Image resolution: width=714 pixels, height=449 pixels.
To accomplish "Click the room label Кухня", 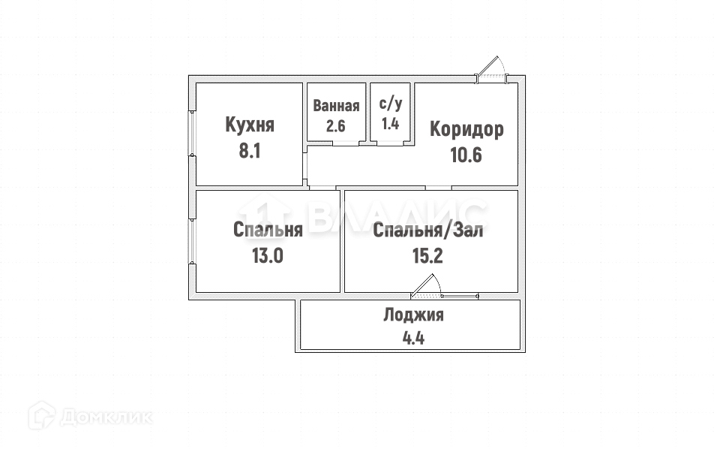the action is tap(250, 125).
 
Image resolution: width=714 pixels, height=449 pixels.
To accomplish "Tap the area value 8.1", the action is tap(250, 151).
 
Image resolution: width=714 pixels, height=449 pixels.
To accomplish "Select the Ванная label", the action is tap(336, 106).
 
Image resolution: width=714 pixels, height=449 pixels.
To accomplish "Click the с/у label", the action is tap(390, 105).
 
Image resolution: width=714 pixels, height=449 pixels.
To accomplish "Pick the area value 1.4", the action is tap(390, 124).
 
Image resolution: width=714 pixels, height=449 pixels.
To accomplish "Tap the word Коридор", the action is tap(466, 129).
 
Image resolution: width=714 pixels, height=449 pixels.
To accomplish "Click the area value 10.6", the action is tap(466, 155).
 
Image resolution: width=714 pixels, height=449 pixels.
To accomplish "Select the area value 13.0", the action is tap(267, 255).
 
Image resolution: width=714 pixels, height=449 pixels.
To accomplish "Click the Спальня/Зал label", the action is tap(428, 231).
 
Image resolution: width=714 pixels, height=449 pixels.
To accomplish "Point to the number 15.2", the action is tap(428, 255).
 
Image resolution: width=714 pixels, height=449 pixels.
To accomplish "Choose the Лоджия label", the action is tap(413, 315).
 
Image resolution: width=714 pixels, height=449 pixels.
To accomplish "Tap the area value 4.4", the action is tap(413, 337).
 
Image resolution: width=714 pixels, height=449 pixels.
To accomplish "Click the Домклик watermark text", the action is tap(106, 417).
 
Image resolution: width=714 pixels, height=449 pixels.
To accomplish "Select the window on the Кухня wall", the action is tap(192, 134).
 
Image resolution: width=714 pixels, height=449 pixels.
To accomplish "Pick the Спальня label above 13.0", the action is tap(268, 230).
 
